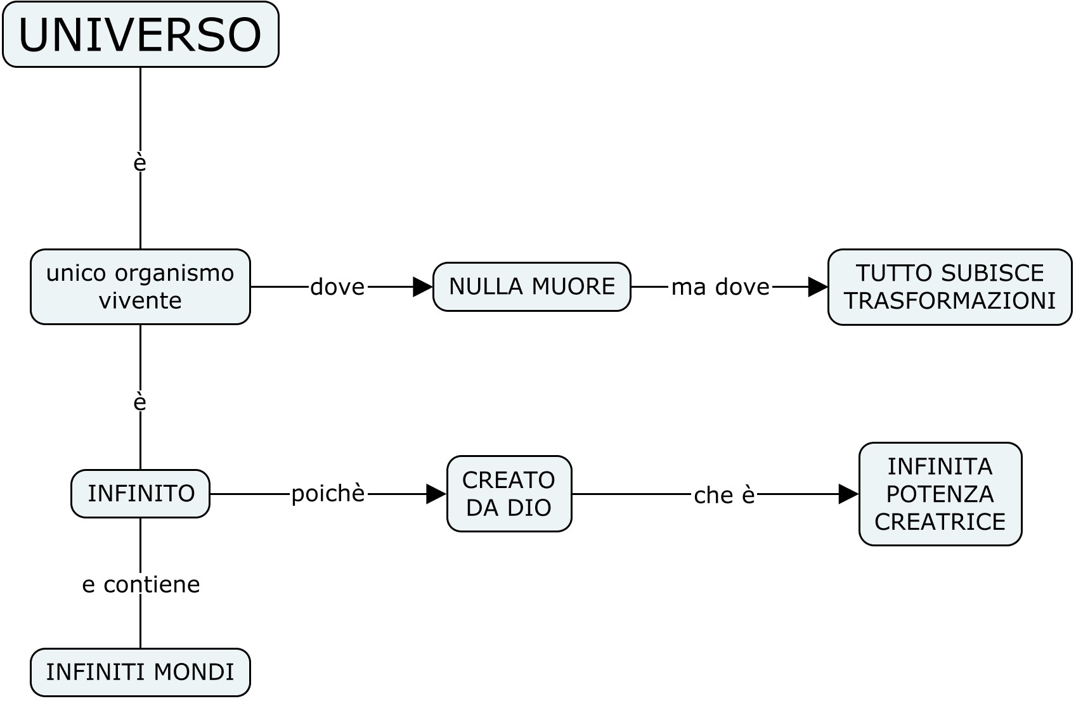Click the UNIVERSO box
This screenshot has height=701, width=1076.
(140, 34)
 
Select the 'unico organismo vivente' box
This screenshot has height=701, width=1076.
(140, 286)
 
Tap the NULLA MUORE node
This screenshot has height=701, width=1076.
(531, 286)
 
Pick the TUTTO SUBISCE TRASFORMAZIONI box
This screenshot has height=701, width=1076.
(949, 286)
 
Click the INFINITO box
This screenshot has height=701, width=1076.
(140, 493)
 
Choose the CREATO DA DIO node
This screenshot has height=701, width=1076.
(509, 493)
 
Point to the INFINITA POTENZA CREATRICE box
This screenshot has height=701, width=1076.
(940, 494)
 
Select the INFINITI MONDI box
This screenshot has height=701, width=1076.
(140, 672)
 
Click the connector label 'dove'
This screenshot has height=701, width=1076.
(337, 287)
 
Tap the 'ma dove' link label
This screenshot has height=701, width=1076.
(720, 287)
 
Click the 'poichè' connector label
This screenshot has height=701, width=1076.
(328, 493)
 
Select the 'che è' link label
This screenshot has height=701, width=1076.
(724, 495)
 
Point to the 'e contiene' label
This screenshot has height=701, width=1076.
(141, 584)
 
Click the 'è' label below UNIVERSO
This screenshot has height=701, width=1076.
(140, 163)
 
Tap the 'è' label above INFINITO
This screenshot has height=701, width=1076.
(140, 402)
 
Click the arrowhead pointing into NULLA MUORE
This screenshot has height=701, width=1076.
(422, 287)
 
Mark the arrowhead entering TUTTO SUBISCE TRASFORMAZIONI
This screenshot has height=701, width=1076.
(818, 287)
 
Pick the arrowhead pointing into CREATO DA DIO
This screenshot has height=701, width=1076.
(436, 494)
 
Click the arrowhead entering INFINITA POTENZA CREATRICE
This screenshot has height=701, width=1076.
(848, 494)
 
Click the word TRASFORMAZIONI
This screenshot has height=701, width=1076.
(949, 300)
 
